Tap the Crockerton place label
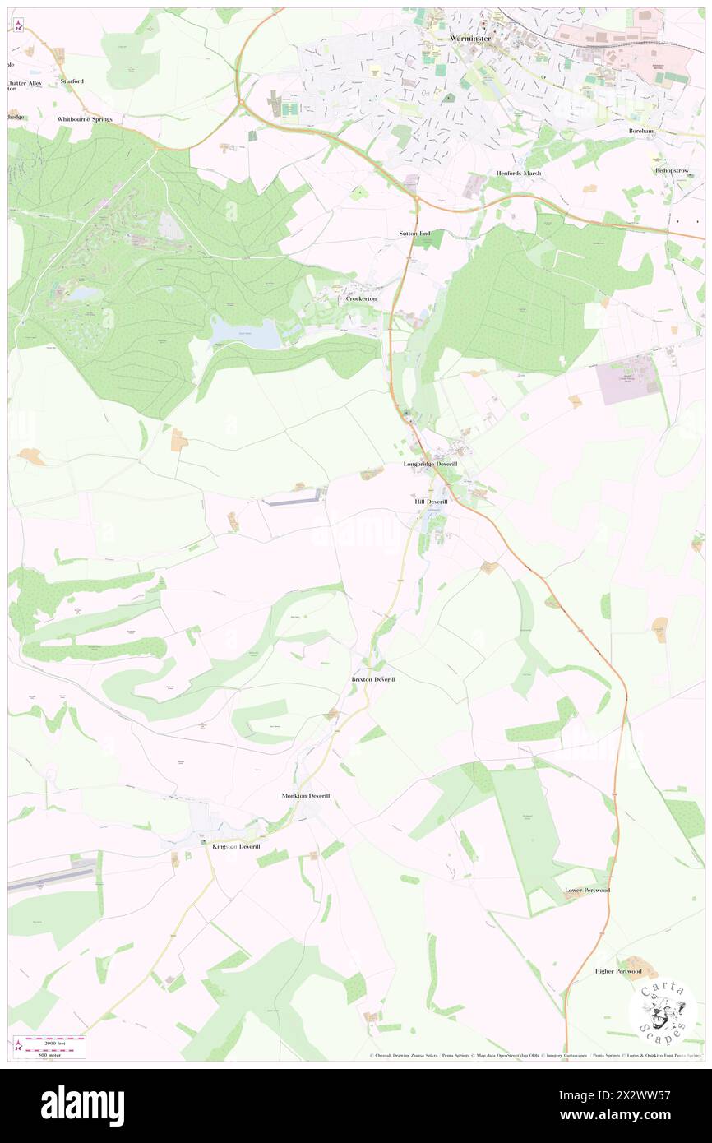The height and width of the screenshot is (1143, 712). pyautogui.click(x=361, y=298)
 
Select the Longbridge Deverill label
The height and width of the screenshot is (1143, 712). pyautogui.click(x=430, y=465)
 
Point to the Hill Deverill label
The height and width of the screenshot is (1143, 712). pyautogui.click(x=431, y=501)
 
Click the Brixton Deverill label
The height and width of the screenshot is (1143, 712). pyautogui.click(x=373, y=679)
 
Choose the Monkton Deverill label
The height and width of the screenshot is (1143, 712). pyautogui.click(x=305, y=796)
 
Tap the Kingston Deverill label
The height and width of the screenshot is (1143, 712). pyautogui.click(x=236, y=846)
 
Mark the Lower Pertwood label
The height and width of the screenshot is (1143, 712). pyautogui.click(x=587, y=890)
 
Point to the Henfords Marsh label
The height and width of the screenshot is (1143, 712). pyautogui.click(x=520, y=174)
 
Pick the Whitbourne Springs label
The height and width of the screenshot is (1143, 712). pyautogui.click(x=84, y=118)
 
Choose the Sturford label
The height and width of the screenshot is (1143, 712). pyautogui.click(x=72, y=81)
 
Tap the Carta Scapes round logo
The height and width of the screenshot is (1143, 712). pyautogui.click(x=663, y=1009)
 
